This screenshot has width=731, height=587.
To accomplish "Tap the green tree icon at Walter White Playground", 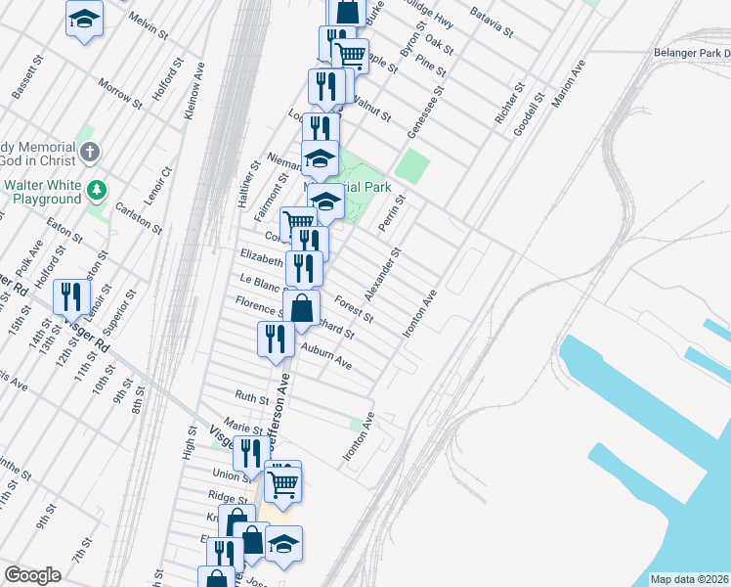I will coord(96,187).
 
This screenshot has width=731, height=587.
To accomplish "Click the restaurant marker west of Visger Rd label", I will coord(70,296).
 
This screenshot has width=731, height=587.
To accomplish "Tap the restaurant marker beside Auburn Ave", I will coord(275,339).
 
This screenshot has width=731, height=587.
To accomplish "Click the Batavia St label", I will coord(492,22).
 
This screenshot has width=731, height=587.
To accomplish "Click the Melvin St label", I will coord(149,25).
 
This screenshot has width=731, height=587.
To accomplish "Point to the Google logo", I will coord(32,575).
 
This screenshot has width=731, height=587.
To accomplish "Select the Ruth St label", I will coord(251,397).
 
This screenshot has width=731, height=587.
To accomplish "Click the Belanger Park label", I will coord(691,54).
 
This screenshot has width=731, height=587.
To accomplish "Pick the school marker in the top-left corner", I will coord(85,19).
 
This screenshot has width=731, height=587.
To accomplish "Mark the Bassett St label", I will coord(28,75).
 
